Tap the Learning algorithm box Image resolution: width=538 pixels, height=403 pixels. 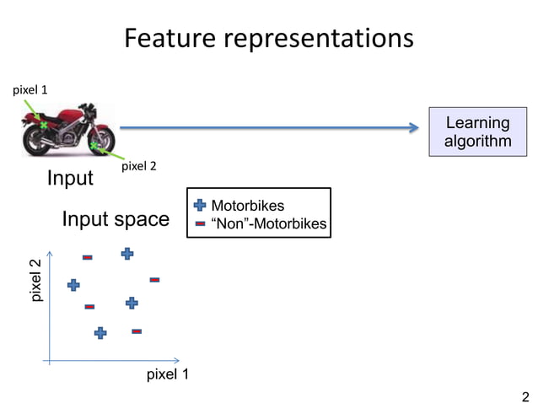[477, 132]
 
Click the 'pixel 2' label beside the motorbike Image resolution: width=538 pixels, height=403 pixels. [140, 166]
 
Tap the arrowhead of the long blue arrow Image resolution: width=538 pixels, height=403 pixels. [414, 128]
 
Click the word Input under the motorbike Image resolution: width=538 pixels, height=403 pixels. [70, 179]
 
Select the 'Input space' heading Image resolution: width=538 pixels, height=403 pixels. [116, 220]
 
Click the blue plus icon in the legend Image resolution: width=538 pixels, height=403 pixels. [200, 206]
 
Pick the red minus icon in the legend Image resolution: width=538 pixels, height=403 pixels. [200, 223]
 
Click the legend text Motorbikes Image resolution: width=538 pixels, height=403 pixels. [247, 206]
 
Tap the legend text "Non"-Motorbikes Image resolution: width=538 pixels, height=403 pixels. [269, 223]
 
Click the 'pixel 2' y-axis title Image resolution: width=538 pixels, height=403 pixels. [35, 282]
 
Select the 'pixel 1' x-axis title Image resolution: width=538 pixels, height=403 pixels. [167, 374]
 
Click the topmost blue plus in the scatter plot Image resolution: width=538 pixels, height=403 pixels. [127, 253]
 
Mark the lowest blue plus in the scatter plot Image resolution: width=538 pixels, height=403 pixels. [100, 333]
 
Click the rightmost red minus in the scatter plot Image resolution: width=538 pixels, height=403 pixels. [154, 279]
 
